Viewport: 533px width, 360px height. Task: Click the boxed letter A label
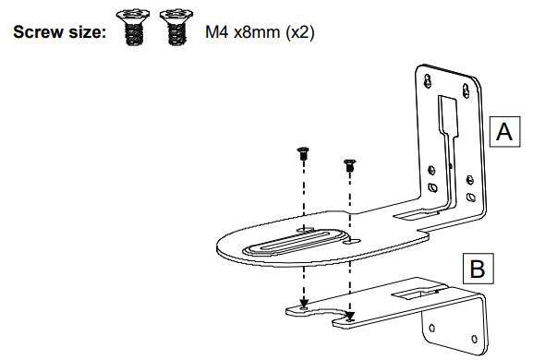coord(504,131)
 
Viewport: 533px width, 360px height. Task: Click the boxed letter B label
coord(478,269)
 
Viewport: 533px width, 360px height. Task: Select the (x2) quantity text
coord(299,32)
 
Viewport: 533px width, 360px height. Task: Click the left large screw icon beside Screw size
coord(133,27)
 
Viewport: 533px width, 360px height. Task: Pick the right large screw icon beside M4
coord(176,27)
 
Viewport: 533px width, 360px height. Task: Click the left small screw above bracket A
coord(303,153)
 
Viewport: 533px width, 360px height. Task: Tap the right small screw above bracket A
coord(350,165)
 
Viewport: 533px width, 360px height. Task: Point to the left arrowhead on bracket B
coord(304,303)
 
